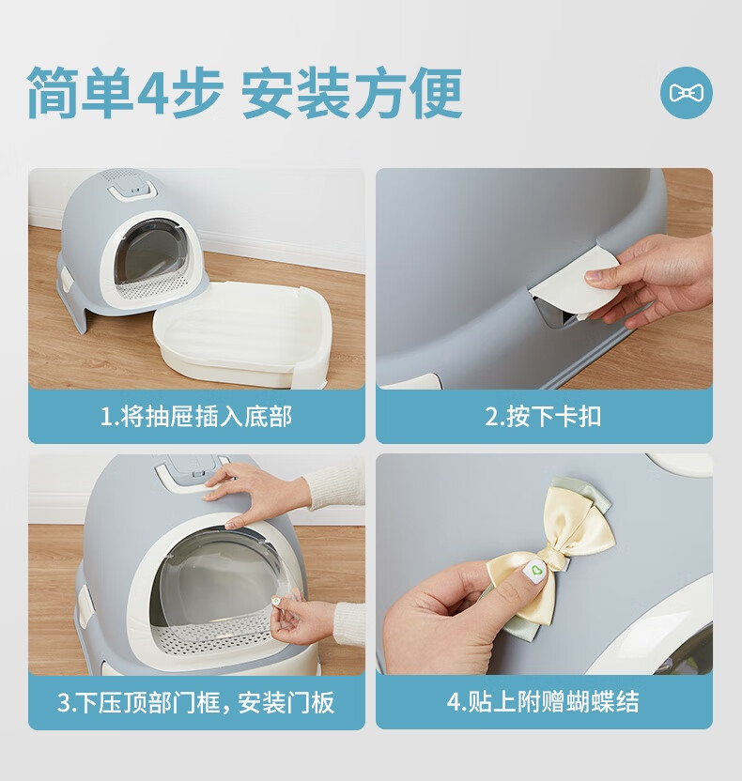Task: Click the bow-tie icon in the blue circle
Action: (687, 93)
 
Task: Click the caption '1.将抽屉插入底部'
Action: (196, 416)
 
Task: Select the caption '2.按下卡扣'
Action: (544, 416)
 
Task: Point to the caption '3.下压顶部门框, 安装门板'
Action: (196, 702)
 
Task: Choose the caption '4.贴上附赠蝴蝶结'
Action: (543, 702)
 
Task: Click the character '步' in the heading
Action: (197, 93)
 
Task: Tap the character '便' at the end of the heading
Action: (437, 93)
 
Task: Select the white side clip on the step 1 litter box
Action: (65, 280)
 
